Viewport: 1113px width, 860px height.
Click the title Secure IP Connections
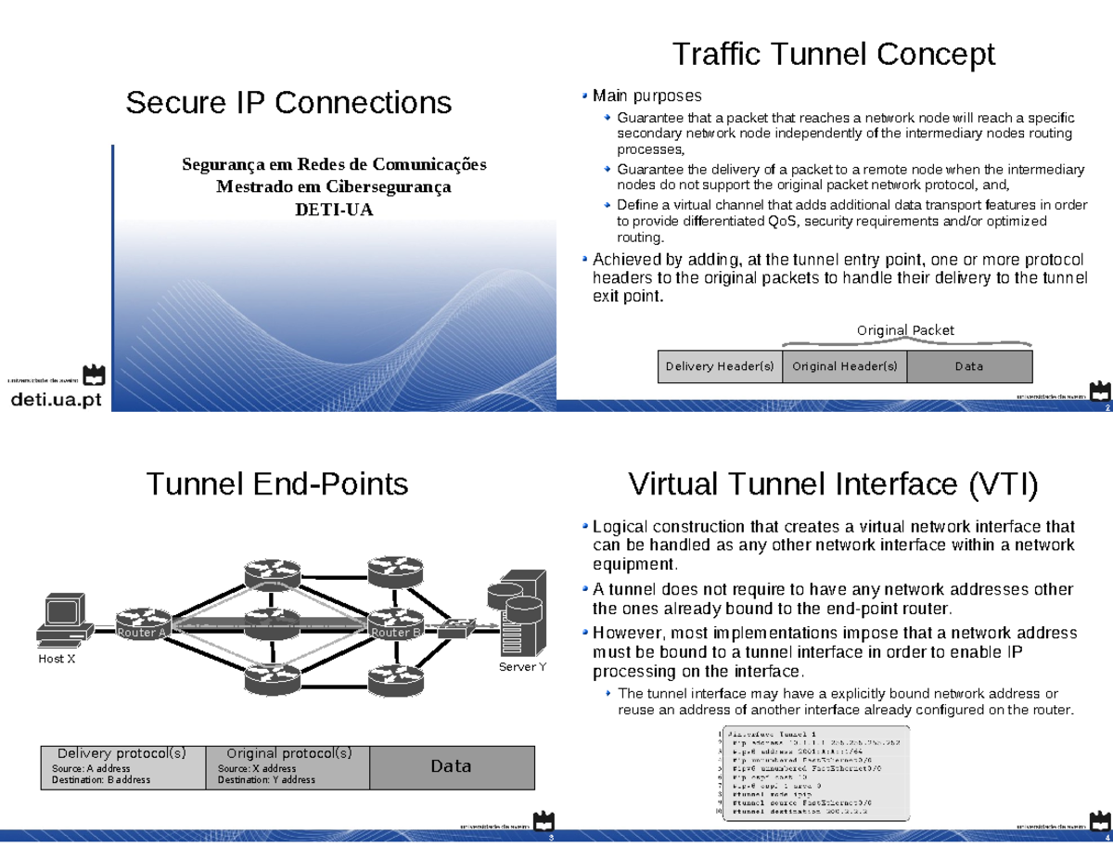(288, 102)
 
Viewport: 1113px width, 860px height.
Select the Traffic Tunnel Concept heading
(833, 54)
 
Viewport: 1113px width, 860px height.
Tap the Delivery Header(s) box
(720, 366)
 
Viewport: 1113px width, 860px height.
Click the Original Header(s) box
(844, 366)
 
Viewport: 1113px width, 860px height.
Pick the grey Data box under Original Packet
(968, 366)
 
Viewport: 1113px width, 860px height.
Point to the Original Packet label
(904, 330)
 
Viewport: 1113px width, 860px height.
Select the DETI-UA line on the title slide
(333, 209)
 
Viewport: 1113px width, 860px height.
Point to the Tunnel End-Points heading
(277, 483)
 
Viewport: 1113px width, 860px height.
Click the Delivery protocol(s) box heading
(122, 753)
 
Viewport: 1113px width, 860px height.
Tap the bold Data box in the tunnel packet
(451, 766)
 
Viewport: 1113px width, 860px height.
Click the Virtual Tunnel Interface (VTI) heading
(833, 483)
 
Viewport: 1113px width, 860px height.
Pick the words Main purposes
(647, 96)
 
